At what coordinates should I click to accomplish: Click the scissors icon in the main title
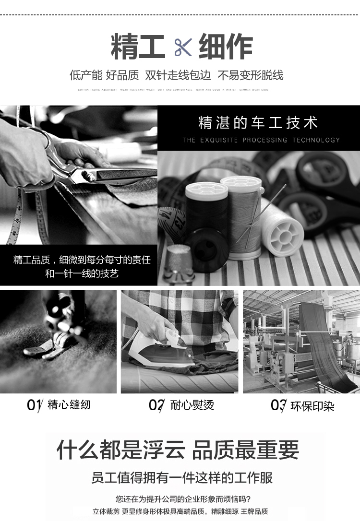(x=183, y=47)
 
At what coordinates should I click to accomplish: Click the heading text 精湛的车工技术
(x=258, y=123)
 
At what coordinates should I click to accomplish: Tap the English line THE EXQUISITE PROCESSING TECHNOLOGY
(x=261, y=140)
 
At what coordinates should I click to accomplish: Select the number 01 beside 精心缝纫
(x=34, y=405)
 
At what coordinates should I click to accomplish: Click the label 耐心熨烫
(x=192, y=405)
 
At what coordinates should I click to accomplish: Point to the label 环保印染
(x=312, y=406)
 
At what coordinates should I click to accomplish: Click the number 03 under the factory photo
(x=278, y=405)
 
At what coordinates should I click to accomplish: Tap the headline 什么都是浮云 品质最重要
(x=178, y=450)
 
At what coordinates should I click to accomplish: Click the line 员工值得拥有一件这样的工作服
(x=182, y=478)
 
